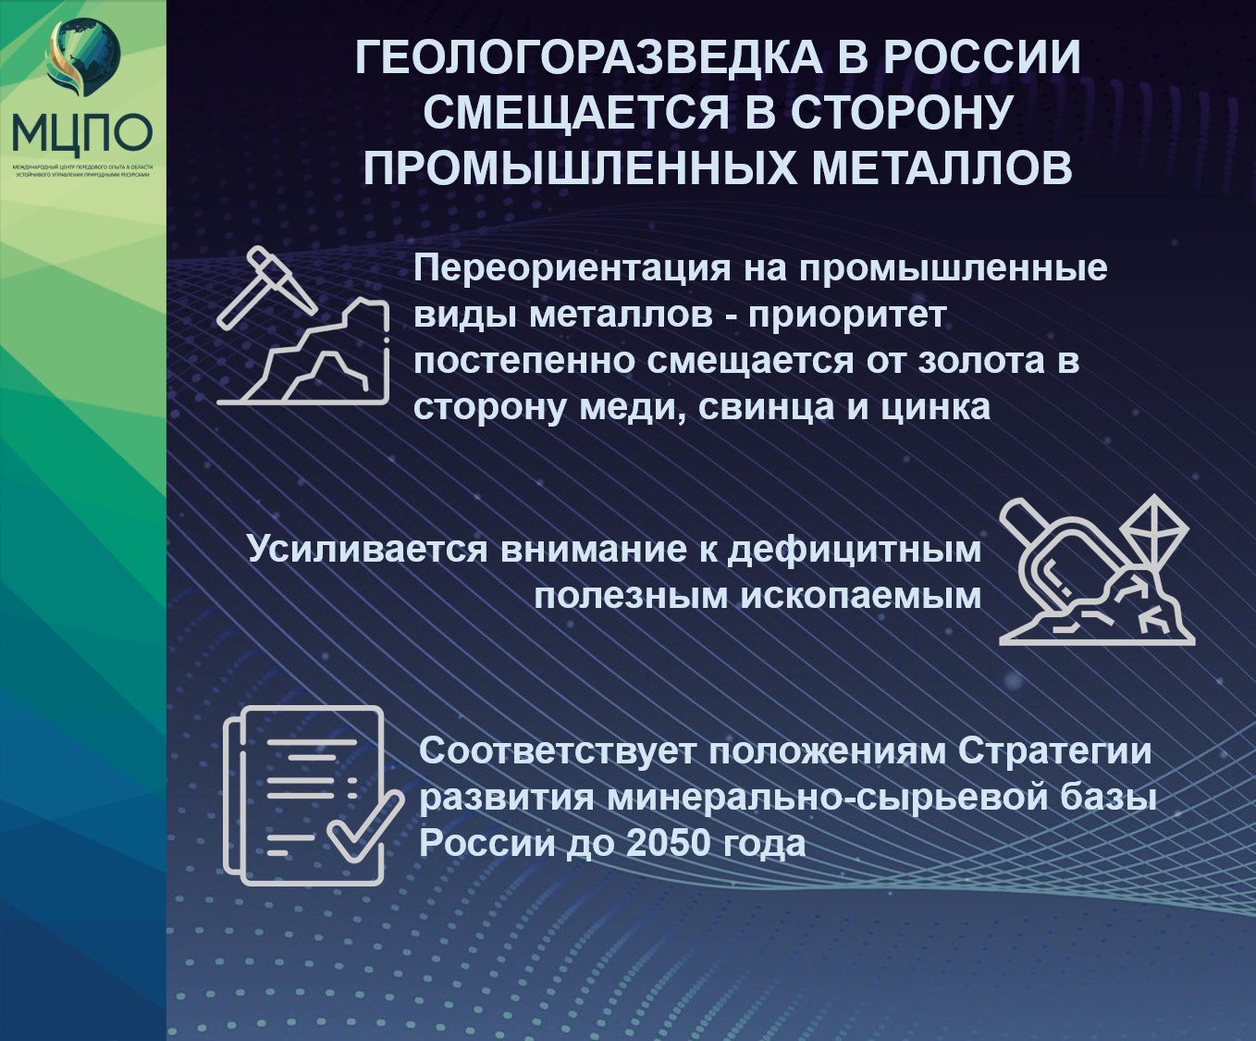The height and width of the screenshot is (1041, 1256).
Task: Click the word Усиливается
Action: tap(366, 549)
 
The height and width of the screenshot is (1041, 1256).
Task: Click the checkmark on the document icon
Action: tap(364, 826)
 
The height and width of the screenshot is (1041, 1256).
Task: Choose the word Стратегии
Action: tap(1054, 750)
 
